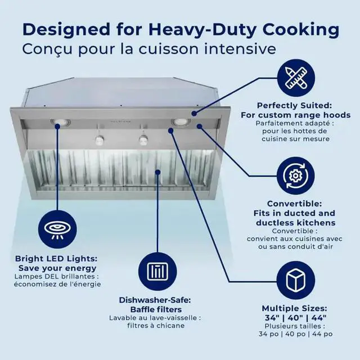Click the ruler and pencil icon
coord(296,78)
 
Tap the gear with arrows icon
coord(296,175)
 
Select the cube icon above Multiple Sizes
coord(296,280)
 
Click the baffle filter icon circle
coord(157,271)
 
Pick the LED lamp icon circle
coord(57,229)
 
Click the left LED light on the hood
coord(60,122)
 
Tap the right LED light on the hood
coord(181,122)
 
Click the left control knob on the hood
coord(99,140)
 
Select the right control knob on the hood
coord(143,139)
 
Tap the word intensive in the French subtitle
coord(240,49)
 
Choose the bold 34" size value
coord(272,318)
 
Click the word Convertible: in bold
coord(295,204)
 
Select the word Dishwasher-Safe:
coord(155,300)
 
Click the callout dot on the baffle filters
coord(157,172)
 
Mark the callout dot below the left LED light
coord(57,127)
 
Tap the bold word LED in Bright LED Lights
coord(55,259)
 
